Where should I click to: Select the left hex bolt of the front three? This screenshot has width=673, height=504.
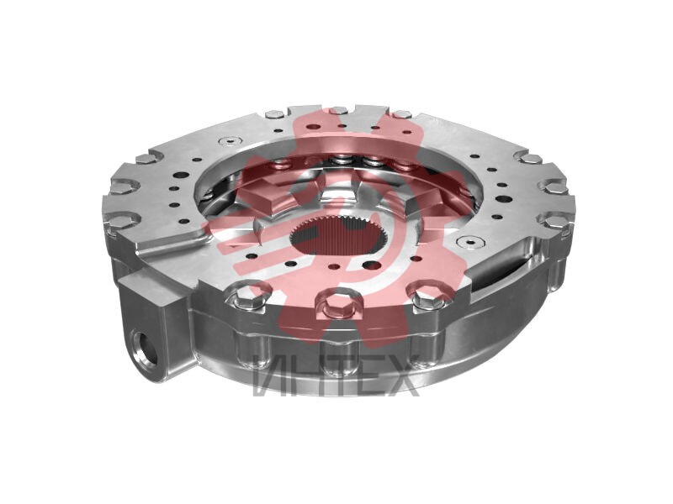pyautogui.click(x=250, y=296)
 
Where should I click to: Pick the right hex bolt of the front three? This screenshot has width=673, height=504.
pyautogui.click(x=426, y=296)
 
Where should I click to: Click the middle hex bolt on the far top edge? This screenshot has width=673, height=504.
pyautogui.click(x=339, y=110)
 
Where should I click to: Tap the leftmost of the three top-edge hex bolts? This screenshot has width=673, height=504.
pyautogui.click(x=275, y=114)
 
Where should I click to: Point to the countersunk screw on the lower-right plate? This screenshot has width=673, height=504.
pyautogui.click(x=470, y=242)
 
